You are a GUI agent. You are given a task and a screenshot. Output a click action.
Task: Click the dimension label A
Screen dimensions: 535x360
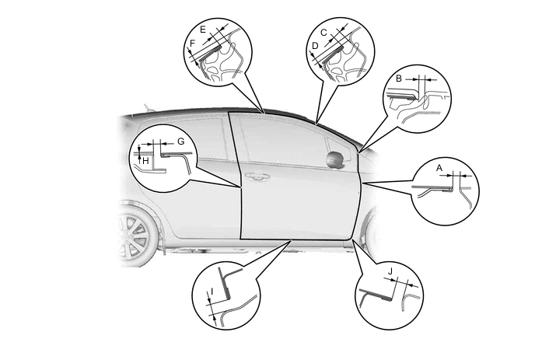pos(439,168)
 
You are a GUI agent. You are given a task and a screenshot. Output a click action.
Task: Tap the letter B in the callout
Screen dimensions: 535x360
pos(399,79)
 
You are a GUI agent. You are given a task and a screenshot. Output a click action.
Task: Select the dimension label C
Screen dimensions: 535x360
pos(323,33)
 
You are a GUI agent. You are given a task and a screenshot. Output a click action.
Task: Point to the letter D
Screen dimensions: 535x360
pos(315,46)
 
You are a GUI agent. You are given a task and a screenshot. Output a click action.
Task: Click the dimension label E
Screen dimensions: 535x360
pos(203,30)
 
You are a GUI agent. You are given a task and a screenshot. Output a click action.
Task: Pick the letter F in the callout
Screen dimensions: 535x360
pos(192,44)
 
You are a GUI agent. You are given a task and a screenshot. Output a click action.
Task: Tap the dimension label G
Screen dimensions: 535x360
pos(181,141)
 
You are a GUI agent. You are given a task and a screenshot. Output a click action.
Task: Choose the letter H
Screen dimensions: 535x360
pos(145,161)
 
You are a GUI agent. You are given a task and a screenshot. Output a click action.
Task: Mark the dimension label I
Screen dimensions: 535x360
pos(212,292)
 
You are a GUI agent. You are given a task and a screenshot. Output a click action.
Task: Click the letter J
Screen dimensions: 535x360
pos(390,271)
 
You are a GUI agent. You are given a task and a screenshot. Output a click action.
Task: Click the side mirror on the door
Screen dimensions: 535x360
pos(335,159)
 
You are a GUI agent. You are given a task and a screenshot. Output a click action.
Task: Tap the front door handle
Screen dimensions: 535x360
pos(257,177)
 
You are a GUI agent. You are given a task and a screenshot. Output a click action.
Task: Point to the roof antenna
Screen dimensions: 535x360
pos(148,107)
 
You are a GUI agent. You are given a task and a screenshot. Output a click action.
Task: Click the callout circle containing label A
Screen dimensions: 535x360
pos(446,191)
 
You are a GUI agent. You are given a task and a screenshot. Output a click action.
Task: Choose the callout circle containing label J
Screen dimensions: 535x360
pos(389,295)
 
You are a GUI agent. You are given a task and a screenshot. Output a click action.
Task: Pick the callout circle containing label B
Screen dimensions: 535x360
pos(418,99)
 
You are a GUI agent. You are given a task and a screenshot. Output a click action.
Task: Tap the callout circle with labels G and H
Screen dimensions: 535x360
pos(163,158)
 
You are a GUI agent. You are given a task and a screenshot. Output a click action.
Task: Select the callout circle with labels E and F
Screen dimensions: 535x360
pos(218,52)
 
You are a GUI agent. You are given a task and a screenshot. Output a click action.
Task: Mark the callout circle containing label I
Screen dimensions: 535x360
pos(226,295)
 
